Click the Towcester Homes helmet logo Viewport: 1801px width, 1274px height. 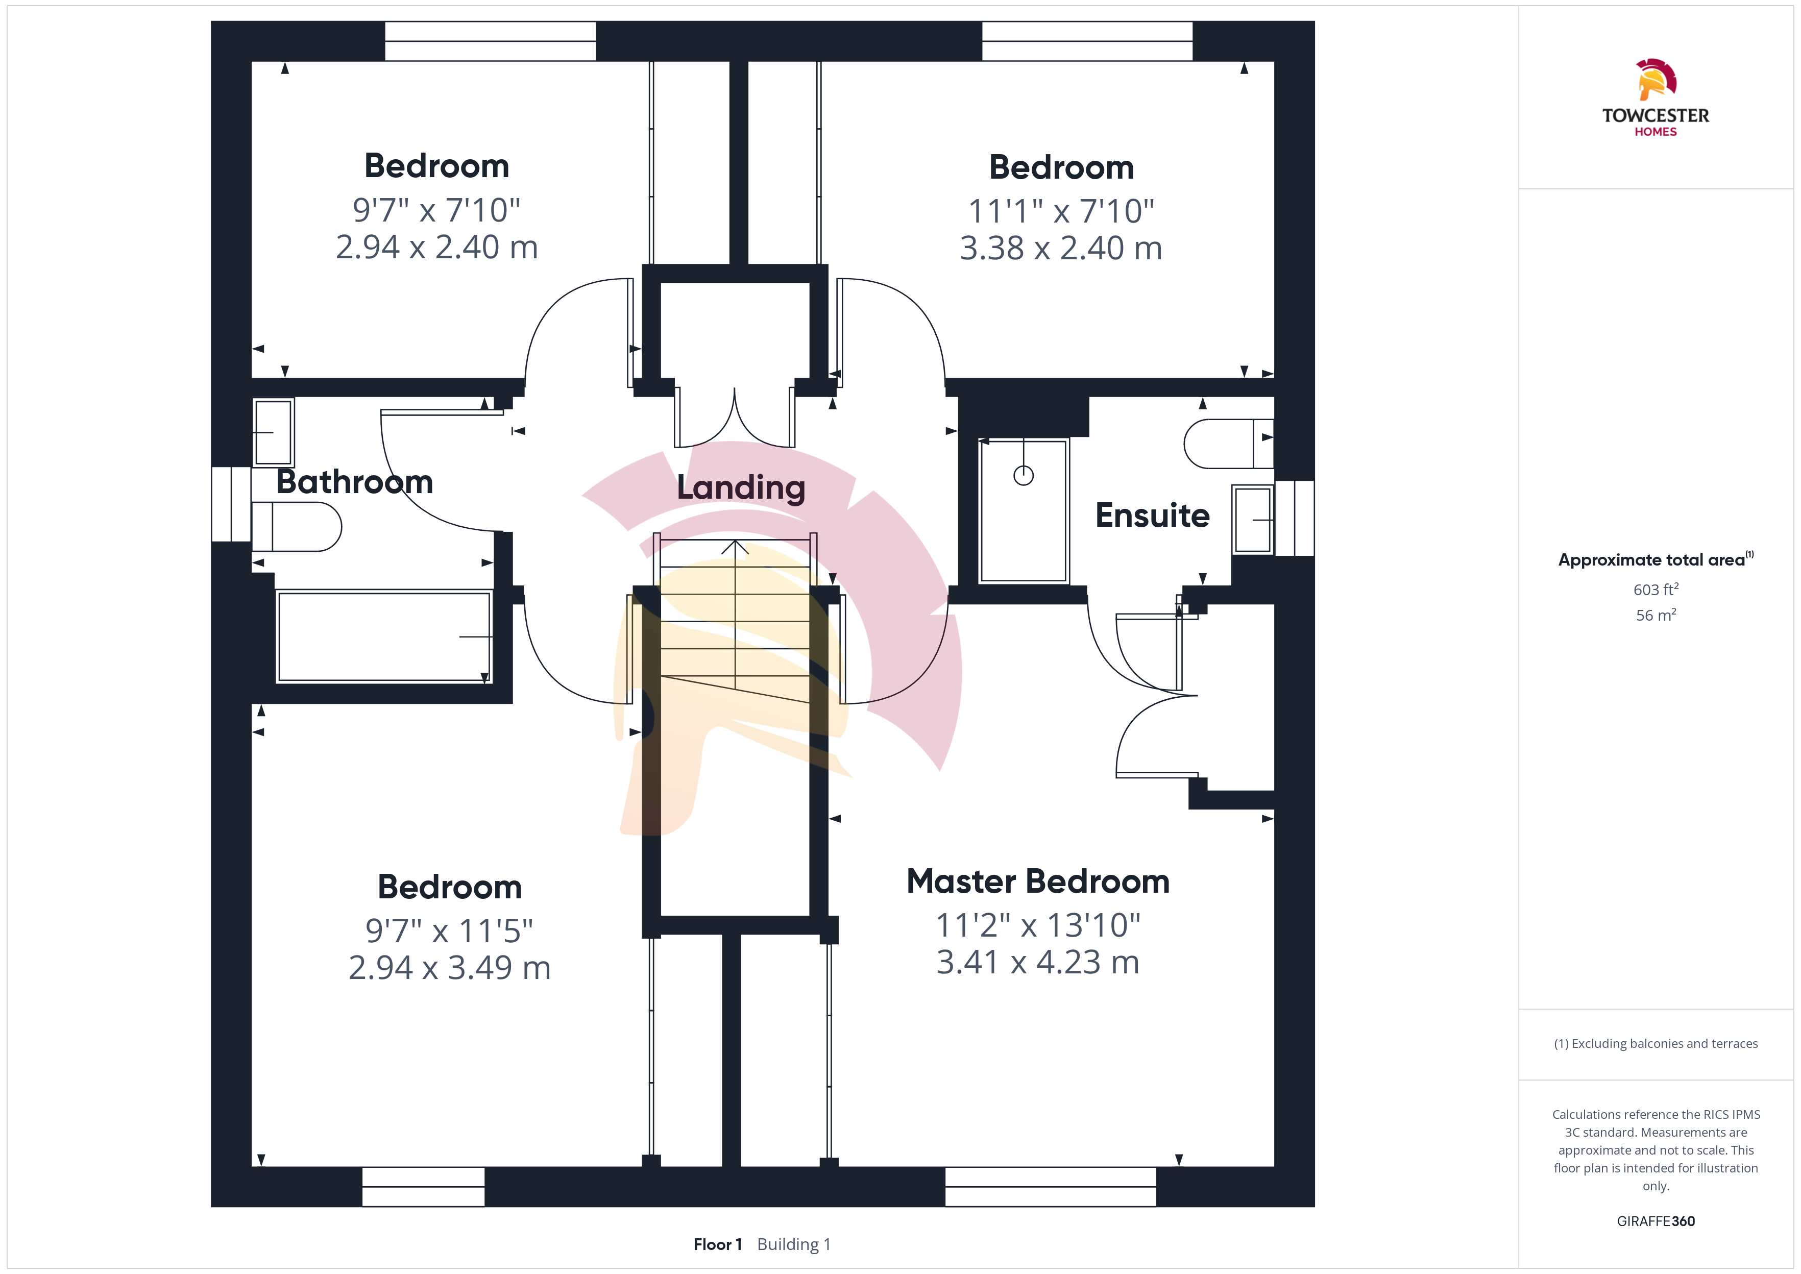pyautogui.click(x=1656, y=79)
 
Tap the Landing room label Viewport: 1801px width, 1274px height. pyautogui.click(x=741, y=488)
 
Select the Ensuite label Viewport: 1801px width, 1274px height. pyautogui.click(x=1152, y=516)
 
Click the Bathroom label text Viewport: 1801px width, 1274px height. pyautogui.click(x=355, y=482)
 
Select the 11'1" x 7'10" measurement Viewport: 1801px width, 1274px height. pyautogui.click(x=1061, y=211)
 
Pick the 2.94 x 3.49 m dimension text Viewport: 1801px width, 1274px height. pyautogui.click(x=449, y=967)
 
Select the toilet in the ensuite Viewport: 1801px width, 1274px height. pyautogui.click(x=1228, y=444)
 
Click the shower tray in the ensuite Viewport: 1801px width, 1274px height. pyautogui.click(x=1024, y=511)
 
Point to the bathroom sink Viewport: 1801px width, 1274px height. pyautogui.click(x=273, y=432)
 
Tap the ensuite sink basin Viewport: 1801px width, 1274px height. pyautogui.click(x=1253, y=519)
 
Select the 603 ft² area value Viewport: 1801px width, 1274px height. pyautogui.click(x=1656, y=589)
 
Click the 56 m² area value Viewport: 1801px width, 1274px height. pyautogui.click(x=1656, y=615)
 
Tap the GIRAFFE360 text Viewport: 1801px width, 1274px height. pyautogui.click(x=1656, y=1221)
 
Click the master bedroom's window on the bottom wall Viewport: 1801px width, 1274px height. pyautogui.click(x=1050, y=1187)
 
